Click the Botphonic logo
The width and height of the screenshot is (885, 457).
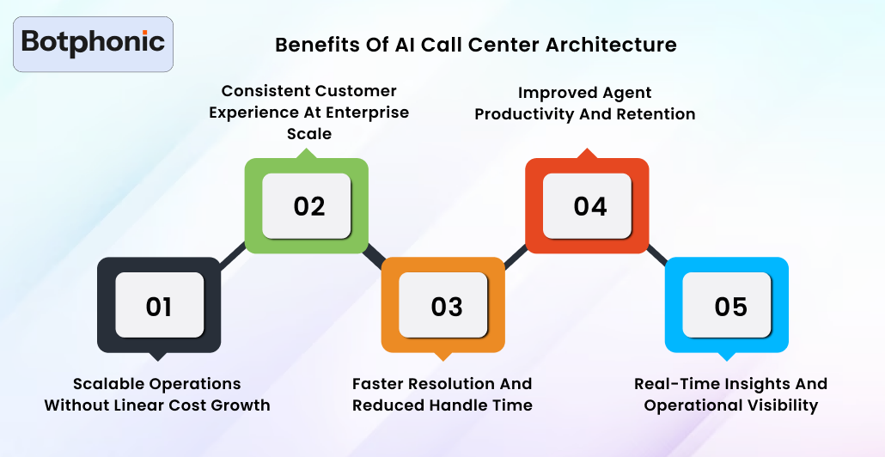pos(93,43)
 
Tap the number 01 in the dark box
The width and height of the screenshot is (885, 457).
pos(159,307)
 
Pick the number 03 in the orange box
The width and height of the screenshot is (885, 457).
pos(447,307)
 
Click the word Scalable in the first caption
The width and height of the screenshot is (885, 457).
pos(107,384)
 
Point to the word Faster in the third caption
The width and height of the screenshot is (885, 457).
pos(377,384)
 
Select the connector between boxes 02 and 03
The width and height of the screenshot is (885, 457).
pos(375,257)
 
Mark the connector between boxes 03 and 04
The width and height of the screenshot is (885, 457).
pos(515,257)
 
